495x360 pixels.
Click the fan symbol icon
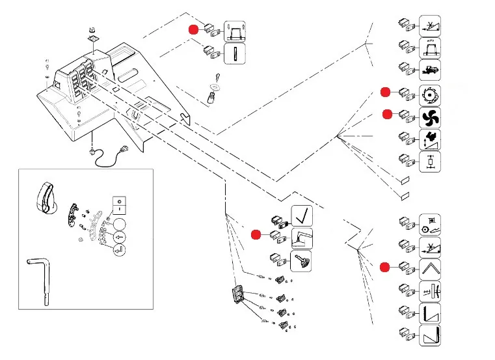430,117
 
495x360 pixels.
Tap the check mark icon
301,215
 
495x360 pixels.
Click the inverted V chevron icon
430,268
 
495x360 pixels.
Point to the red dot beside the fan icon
387,115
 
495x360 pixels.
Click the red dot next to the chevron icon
385,267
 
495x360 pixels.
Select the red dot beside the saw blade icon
386,92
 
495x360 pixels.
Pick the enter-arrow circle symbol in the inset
119,249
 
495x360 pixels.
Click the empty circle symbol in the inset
119,225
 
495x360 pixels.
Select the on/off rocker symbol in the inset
119,205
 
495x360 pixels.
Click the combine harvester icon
430,68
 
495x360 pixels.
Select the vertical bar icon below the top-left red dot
234,53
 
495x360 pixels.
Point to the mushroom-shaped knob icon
301,261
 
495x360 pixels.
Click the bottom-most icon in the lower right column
430,336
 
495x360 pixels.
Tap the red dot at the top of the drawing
193,29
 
